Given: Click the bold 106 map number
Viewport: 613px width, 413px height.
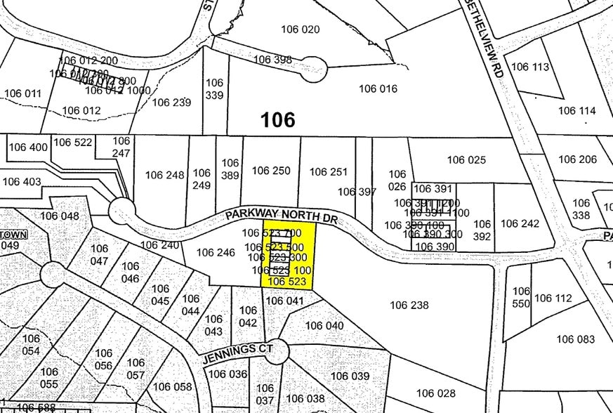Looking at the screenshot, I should pyautogui.click(x=277, y=120).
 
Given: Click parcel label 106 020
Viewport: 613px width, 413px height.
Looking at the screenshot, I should pyautogui.click(x=300, y=29).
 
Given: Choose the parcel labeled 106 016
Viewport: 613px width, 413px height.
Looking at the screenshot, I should pyautogui.click(x=378, y=88).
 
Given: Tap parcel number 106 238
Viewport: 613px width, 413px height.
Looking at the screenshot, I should pyautogui.click(x=409, y=305).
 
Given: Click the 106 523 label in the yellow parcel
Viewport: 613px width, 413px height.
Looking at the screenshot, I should pyautogui.click(x=287, y=282).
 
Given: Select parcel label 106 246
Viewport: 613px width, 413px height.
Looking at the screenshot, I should pyautogui.click(x=216, y=252).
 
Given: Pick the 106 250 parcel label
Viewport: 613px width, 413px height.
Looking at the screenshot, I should pyautogui.click(x=271, y=171).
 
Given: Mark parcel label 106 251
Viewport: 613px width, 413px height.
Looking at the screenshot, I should pyautogui.click(x=329, y=171).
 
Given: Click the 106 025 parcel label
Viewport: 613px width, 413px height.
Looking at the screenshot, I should pyautogui.click(x=466, y=160).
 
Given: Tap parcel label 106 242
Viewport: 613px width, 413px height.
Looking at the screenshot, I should pyautogui.click(x=520, y=223).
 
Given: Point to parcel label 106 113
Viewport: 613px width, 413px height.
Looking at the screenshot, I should pyautogui.click(x=530, y=67).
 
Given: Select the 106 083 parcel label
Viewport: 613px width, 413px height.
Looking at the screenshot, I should pyautogui.click(x=576, y=339).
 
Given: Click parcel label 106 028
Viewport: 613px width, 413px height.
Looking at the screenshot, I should pyautogui.click(x=436, y=393).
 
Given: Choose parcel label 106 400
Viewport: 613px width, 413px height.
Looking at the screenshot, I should pyautogui.click(x=28, y=147).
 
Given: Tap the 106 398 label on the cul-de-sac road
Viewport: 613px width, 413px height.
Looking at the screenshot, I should pyautogui.click(x=272, y=60).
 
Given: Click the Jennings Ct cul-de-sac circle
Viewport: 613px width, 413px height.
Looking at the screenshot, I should pyautogui.click(x=277, y=350).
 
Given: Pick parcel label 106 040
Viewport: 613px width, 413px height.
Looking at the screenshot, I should pyautogui.click(x=324, y=326).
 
